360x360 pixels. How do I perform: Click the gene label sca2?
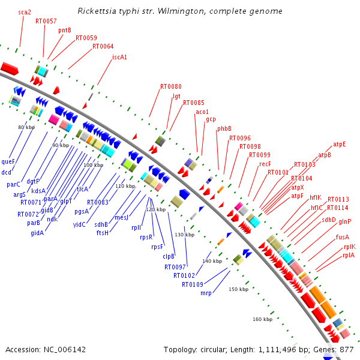click(25, 11)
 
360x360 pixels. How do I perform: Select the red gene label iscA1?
click(120, 58)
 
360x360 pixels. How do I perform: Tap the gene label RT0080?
click(170, 86)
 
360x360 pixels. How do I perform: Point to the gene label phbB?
click(224, 128)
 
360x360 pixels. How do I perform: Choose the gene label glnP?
click(345, 221)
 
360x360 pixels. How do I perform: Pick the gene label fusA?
click(343, 237)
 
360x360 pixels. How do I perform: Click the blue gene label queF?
click(8, 161)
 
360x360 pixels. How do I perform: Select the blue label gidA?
click(37, 233)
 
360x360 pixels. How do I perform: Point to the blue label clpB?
click(169, 256)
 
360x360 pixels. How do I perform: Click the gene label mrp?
click(206, 293)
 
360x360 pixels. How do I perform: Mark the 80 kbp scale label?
click(26, 127)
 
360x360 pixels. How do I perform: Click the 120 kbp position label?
click(156, 209)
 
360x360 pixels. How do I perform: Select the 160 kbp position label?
click(263, 319)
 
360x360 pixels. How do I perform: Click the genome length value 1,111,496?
click(279, 349)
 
